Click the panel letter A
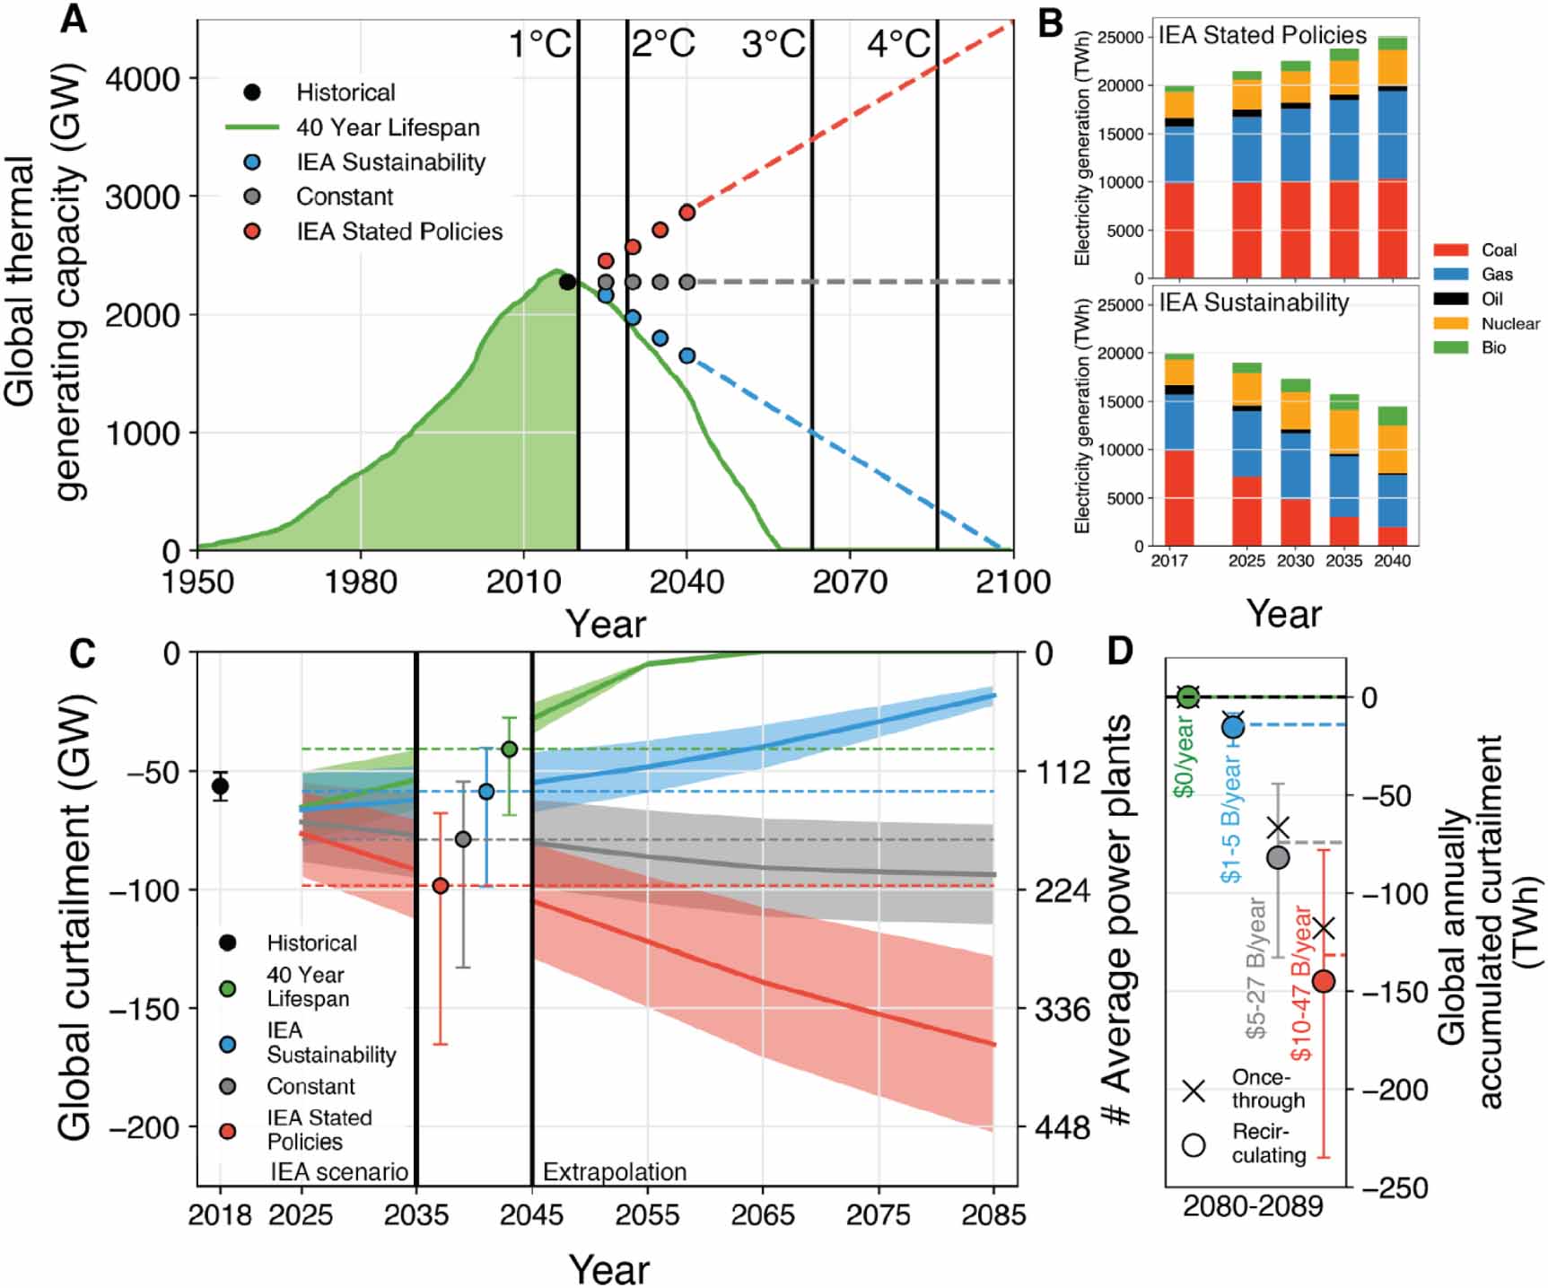click(74, 19)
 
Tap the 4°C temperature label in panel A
click(898, 43)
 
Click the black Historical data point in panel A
click(567, 282)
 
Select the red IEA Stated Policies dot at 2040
click(687, 213)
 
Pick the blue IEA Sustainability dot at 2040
click(687, 356)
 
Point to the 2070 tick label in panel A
click(849, 582)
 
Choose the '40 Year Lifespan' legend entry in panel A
click(388, 127)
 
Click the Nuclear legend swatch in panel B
click(1450, 323)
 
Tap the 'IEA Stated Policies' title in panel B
click(1262, 36)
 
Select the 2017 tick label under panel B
click(1168, 561)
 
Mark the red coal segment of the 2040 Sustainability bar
click(1392, 536)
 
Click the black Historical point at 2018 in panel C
click(220, 786)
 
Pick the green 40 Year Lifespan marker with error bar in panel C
click(509, 749)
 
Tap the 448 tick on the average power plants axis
click(1063, 1127)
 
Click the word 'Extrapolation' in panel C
click(615, 1172)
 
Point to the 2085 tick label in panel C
click(993, 1215)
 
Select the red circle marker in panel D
click(1324, 981)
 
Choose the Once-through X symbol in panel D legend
click(1194, 1091)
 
